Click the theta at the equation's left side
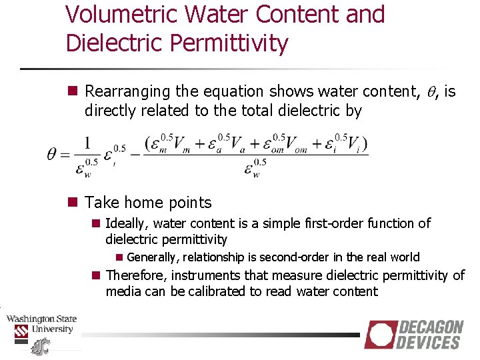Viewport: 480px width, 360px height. tap(53, 155)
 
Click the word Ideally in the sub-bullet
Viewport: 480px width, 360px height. tap(127, 223)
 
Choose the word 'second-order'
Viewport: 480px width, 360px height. tap(301, 257)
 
